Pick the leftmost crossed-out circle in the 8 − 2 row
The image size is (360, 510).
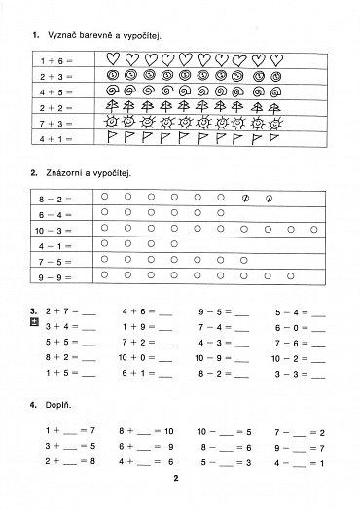(246, 198)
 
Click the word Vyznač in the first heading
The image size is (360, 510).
(62, 35)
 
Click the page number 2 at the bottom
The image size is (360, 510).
(177, 479)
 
